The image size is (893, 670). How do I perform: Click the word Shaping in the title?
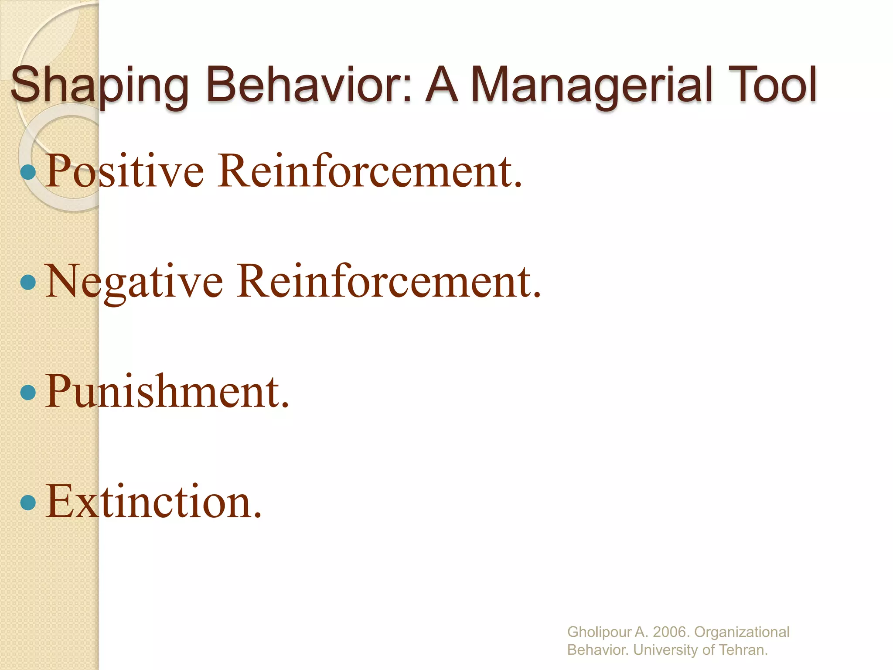[99, 85]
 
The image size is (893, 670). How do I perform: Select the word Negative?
[134, 282]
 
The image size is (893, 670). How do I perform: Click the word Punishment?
[167, 392]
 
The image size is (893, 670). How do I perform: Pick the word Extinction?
[153, 502]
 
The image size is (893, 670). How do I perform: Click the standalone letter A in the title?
[442, 85]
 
